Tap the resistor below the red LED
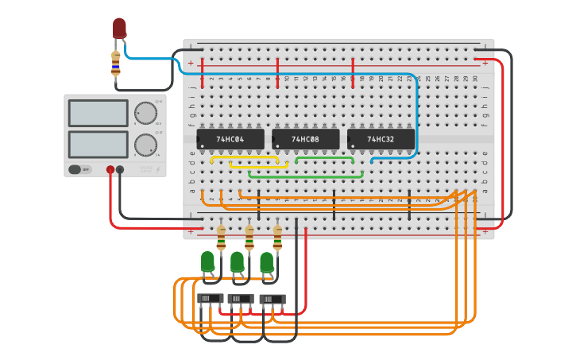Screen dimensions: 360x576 116,64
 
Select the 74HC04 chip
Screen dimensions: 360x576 230,139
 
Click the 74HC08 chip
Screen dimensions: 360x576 306,139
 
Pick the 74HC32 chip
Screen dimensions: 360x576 381,139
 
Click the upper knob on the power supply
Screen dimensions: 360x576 145,113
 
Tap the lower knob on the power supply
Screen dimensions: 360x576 145,145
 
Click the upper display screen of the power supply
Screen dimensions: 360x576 98,113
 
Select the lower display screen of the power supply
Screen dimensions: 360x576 98,144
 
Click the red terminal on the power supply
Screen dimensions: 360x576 110,169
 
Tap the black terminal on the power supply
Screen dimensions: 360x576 120,169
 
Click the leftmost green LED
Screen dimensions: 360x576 207,261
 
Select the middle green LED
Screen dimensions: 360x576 237,261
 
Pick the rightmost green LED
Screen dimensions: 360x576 267,261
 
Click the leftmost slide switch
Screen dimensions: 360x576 210,298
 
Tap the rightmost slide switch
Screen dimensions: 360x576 273,299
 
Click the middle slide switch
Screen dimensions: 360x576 240,299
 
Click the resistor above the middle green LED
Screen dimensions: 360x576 249,236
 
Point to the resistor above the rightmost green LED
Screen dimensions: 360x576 277,236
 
